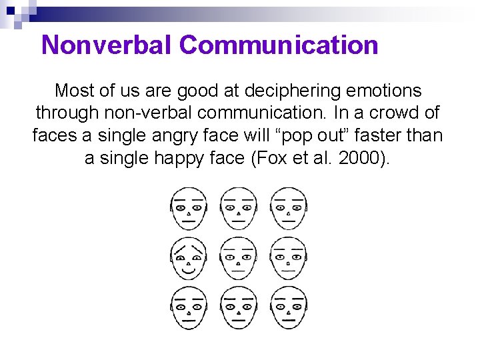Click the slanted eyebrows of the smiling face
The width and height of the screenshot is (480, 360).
[x=189, y=249]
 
